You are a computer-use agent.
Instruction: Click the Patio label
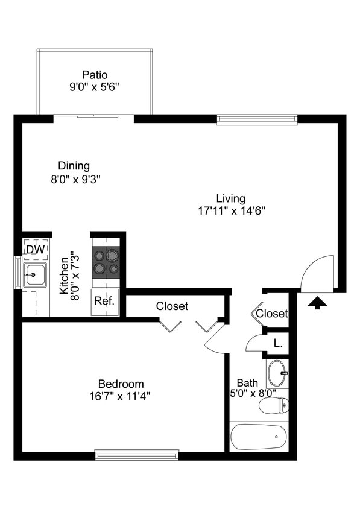point(94,75)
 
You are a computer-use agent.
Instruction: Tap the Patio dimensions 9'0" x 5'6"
point(94,87)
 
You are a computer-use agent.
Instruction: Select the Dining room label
point(74,166)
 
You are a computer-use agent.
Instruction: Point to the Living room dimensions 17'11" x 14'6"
point(231,211)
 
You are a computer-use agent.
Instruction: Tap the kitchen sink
point(35,274)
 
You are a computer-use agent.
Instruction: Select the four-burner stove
point(106,263)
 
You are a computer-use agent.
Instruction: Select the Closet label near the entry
point(272,314)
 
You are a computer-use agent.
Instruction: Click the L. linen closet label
point(278,343)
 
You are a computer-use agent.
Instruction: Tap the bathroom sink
point(278,373)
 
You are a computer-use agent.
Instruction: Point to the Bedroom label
point(121,384)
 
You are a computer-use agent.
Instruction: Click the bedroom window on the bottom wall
point(137,454)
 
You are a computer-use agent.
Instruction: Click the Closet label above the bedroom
point(172,306)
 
